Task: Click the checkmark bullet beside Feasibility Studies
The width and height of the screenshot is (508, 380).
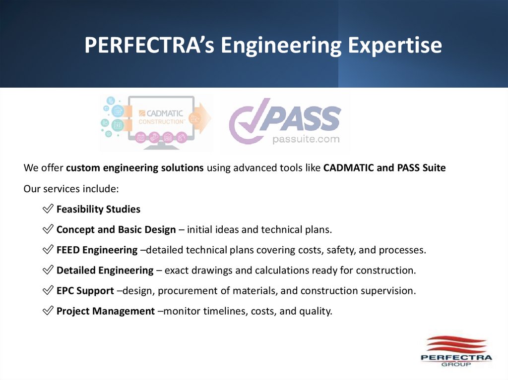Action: click(x=48, y=209)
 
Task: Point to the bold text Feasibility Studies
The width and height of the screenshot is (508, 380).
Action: click(x=98, y=209)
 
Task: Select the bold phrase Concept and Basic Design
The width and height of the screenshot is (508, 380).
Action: click(x=116, y=229)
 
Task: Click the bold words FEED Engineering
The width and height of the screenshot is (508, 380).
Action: click(x=97, y=250)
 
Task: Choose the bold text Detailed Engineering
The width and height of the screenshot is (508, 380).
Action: click(x=105, y=270)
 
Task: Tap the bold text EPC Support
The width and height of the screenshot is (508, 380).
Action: click(x=85, y=290)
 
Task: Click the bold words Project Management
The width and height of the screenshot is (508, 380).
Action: click(x=106, y=311)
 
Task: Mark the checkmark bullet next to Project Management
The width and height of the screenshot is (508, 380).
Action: click(x=48, y=311)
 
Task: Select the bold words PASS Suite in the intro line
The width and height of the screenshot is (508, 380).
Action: click(x=421, y=167)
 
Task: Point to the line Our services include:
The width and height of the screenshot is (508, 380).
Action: click(x=71, y=189)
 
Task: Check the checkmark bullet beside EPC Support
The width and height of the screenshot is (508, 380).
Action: click(x=48, y=290)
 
